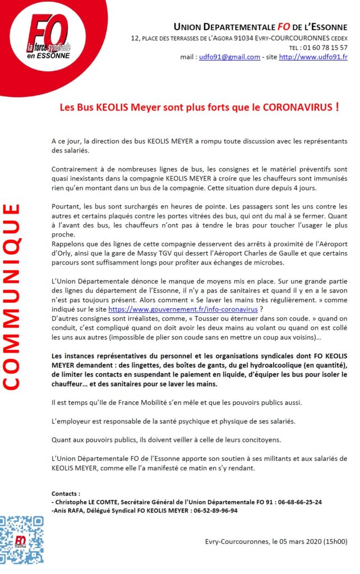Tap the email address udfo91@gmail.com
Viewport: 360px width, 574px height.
[x=229, y=57]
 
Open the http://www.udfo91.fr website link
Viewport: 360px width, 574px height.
[x=313, y=57]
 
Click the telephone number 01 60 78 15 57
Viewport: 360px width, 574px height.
[x=327, y=48]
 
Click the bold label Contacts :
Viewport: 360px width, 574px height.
[x=66, y=494]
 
